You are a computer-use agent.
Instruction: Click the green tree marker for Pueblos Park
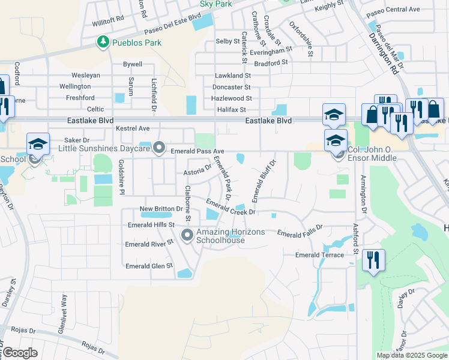(103, 42)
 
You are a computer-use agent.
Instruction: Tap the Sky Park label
(215, 3)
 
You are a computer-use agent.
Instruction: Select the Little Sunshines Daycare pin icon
(159, 147)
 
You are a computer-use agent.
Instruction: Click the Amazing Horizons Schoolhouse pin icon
(187, 235)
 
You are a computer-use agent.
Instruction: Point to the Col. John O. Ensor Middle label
(372, 158)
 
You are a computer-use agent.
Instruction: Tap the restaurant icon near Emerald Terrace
(373, 260)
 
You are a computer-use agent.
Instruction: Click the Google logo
(19, 353)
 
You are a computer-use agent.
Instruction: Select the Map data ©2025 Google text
(412, 355)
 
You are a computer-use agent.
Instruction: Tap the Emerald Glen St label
(149, 266)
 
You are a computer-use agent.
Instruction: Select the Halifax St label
(231, 109)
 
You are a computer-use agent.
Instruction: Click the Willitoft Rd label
(107, 20)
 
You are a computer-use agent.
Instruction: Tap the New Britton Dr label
(161, 209)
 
